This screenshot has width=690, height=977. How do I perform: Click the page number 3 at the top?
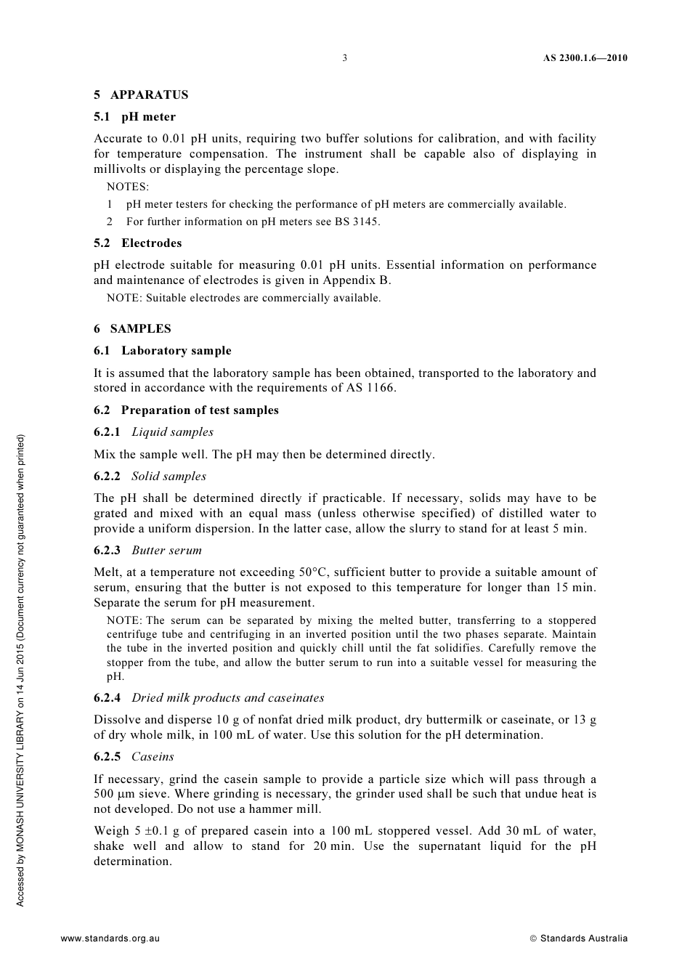point(345,58)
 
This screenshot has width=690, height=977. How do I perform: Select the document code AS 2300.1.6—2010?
point(585,58)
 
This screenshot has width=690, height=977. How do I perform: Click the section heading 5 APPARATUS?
point(141,94)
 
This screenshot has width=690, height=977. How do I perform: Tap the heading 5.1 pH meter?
point(134,116)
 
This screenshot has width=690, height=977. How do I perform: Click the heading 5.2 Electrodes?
point(137,243)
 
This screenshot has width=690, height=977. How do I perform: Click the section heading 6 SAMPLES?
point(132,328)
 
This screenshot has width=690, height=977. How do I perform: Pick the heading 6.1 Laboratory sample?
point(163,350)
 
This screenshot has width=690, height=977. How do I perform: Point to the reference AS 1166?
point(370,388)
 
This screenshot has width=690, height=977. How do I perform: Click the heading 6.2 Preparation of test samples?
point(186,410)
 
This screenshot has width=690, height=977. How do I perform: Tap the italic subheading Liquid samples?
point(172,432)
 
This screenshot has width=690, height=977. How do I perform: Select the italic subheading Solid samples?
point(169,477)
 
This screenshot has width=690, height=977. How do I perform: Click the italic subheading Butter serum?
point(166,550)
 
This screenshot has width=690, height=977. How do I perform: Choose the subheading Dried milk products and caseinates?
point(227,697)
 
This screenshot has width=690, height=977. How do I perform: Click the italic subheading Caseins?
point(153,756)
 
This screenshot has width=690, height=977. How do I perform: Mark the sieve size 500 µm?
point(114,794)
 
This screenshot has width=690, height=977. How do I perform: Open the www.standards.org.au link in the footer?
point(110,938)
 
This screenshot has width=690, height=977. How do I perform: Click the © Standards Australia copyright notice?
point(578,938)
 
